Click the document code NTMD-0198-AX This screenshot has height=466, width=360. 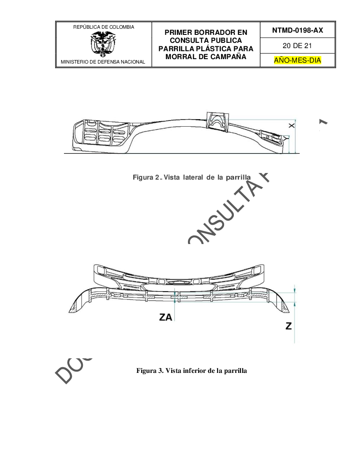coord(297,30)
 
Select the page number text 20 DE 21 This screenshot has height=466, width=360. coord(297,45)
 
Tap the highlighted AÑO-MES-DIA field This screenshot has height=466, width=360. coord(297,60)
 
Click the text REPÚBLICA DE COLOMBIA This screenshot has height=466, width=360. coord(103,27)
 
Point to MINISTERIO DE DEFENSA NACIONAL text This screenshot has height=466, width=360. coord(103,62)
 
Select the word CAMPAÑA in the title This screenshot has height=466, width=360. coord(225,56)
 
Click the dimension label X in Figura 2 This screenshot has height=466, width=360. coord(291,126)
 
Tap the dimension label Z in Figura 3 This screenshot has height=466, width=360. coord(289,326)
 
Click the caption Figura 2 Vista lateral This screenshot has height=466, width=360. coord(191,177)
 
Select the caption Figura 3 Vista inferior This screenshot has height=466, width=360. coord(192,370)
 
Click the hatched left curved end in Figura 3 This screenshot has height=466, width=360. coord(79,302)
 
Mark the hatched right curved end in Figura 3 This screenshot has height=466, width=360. coord(278,302)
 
